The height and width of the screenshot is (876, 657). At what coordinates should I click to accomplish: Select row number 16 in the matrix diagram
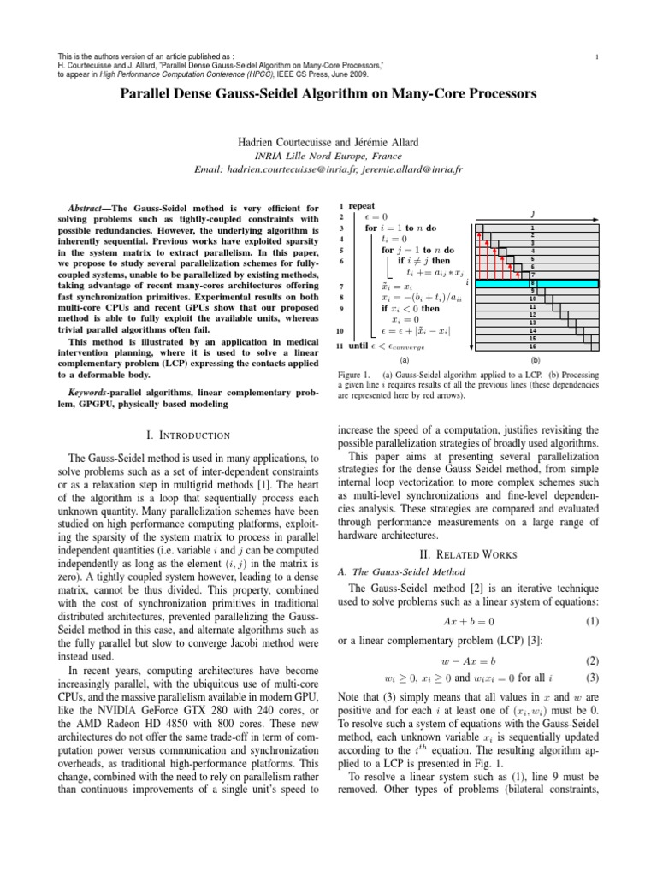coord(533,346)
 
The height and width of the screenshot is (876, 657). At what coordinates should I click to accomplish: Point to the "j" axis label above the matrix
coord(533,211)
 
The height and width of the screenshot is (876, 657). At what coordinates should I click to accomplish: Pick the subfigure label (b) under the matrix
coord(535,361)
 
